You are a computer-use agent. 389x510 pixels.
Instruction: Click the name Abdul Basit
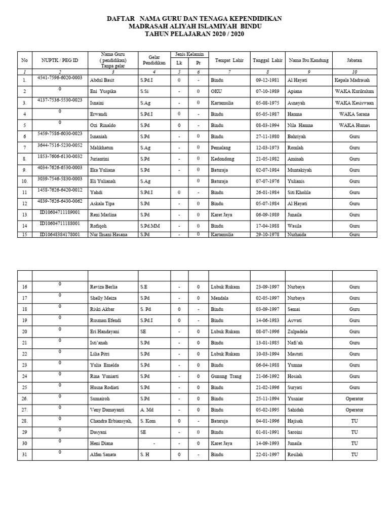(x=102, y=81)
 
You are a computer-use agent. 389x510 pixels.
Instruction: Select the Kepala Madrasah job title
(x=352, y=81)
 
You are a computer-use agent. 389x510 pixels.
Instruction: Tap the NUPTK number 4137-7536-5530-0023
(x=60, y=100)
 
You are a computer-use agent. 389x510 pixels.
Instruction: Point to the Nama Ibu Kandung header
(x=308, y=60)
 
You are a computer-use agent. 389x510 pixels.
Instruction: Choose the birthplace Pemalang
(x=220, y=148)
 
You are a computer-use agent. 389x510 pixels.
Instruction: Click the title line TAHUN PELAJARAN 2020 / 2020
(x=194, y=33)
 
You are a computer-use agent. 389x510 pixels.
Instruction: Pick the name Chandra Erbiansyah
(x=110, y=421)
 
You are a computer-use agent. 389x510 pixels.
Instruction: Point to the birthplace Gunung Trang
(x=226, y=376)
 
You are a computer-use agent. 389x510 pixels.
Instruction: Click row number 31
(x=24, y=454)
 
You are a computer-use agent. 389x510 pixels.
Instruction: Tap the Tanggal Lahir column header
(x=267, y=60)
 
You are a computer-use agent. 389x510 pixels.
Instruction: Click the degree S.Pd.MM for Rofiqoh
(x=150, y=226)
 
